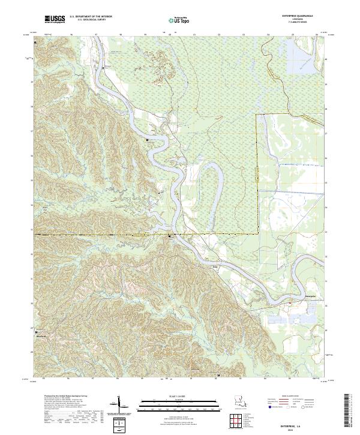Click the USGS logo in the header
(x=55, y=19)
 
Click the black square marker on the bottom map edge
(x=218, y=376)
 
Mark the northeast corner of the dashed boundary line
(x=258, y=114)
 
